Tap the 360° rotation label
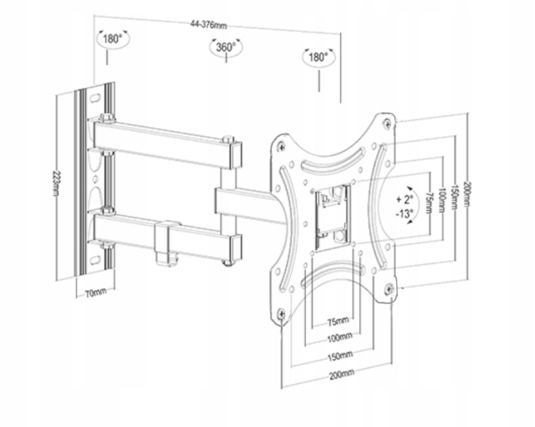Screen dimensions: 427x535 (226, 47)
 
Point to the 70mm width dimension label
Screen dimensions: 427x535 (95, 293)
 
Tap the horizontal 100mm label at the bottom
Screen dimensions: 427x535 (339, 338)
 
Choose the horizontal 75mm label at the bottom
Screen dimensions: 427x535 (338, 321)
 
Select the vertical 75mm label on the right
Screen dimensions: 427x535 (429, 201)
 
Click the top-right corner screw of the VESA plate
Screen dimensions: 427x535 (387, 122)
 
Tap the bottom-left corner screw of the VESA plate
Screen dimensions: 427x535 (281, 313)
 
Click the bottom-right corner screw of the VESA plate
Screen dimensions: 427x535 (390, 289)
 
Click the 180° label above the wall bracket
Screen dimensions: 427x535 (112, 39)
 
